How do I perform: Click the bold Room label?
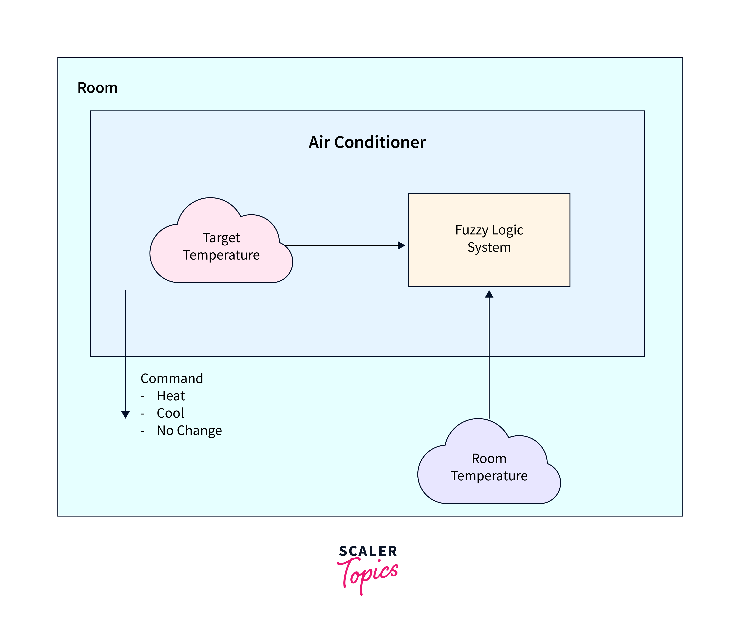coord(97,88)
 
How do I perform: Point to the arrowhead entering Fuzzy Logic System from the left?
coord(401,245)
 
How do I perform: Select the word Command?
coord(172,379)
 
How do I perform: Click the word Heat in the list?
coord(171,396)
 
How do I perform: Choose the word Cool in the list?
coord(170,413)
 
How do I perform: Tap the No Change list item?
coord(189,430)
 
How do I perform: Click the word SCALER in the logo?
coord(368,551)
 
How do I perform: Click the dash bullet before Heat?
coord(143,396)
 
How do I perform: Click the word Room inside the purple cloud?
coord(489,459)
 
